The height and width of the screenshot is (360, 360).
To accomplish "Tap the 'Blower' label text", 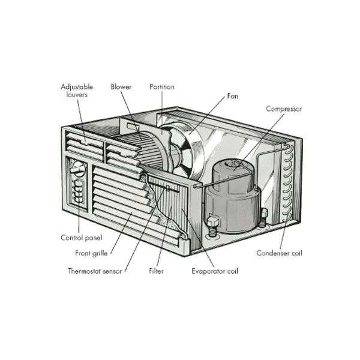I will pyautogui.click(x=121, y=87).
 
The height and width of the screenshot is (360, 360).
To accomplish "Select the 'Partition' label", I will pyautogui.click(x=162, y=87).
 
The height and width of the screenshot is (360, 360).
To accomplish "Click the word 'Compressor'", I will pyautogui.click(x=283, y=109).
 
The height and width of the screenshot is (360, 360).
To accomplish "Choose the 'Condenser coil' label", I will pyautogui.click(x=279, y=253).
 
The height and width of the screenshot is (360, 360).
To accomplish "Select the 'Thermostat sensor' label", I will pyautogui.click(x=95, y=271).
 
